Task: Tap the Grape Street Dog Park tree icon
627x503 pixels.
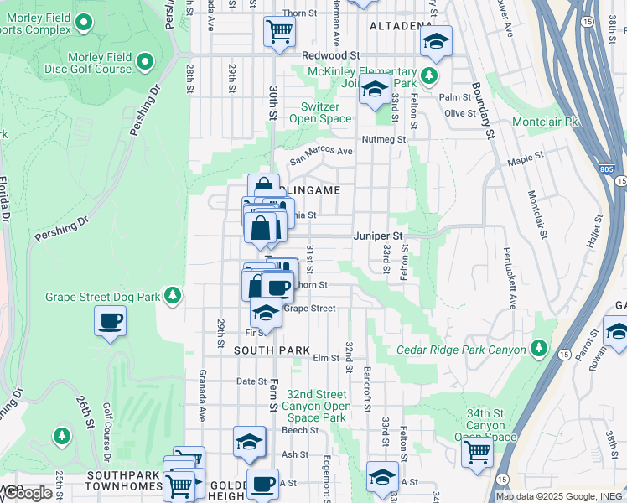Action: [x=172, y=295]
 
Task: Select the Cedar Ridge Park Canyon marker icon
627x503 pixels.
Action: [x=538, y=347]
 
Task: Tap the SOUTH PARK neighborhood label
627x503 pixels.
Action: [x=272, y=350]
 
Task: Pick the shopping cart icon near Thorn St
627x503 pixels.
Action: [x=278, y=32]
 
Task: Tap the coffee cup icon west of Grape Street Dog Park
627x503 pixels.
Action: [x=111, y=319]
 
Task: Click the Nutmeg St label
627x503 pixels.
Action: [x=383, y=139]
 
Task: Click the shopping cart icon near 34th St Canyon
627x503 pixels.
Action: [x=477, y=453]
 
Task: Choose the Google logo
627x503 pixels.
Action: [x=28, y=493]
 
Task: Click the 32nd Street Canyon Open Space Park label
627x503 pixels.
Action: [x=315, y=406]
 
